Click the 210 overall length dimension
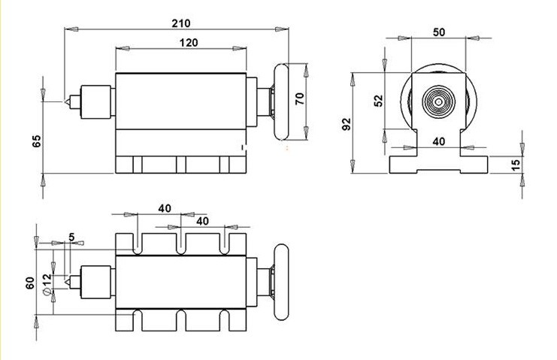(x=181, y=23)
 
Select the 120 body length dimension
(x=188, y=43)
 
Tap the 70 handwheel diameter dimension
(x=300, y=98)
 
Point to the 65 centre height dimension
(x=37, y=141)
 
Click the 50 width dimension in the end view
(x=439, y=32)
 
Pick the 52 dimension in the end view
(x=379, y=101)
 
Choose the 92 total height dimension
(x=346, y=124)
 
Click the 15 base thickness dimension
(x=516, y=164)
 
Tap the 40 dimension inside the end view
(x=439, y=141)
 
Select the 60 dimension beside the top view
(x=30, y=283)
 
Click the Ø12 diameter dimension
(x=47, y=284)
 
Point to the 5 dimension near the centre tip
(x=71, y=237)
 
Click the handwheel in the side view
(x=282, y=101)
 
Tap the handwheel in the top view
(x=282, y=283)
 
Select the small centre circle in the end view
(x=439, y=102)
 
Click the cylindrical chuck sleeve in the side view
(x=95, y=102)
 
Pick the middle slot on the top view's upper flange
(x=181, y=244)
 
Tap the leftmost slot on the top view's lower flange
(x=138, y=321)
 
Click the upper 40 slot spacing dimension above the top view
(x=165, y=208)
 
